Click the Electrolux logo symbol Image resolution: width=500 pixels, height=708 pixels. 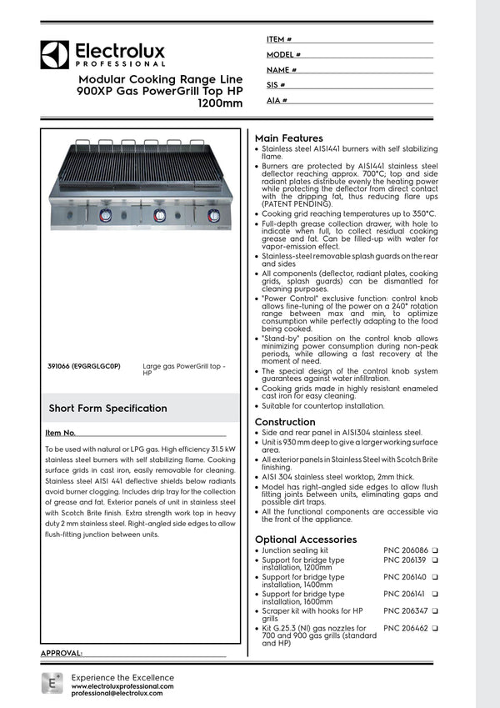pos(55,55)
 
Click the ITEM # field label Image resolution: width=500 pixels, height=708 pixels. pos(278,39)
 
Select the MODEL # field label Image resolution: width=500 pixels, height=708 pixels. pos(283,54)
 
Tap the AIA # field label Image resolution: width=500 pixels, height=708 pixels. pos(277,100)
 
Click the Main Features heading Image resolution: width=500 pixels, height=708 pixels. pos(288,138)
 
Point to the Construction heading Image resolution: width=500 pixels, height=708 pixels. pos(284,422)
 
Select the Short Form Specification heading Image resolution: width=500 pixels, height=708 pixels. pos(107,409)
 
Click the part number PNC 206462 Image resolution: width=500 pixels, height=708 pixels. pos(405,628)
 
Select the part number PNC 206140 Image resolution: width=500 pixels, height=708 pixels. pos(405,576)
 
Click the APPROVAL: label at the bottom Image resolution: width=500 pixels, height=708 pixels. pos(62,653)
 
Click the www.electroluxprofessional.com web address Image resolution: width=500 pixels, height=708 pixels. pos(122,685)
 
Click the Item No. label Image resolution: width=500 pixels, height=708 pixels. pos(60,434)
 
